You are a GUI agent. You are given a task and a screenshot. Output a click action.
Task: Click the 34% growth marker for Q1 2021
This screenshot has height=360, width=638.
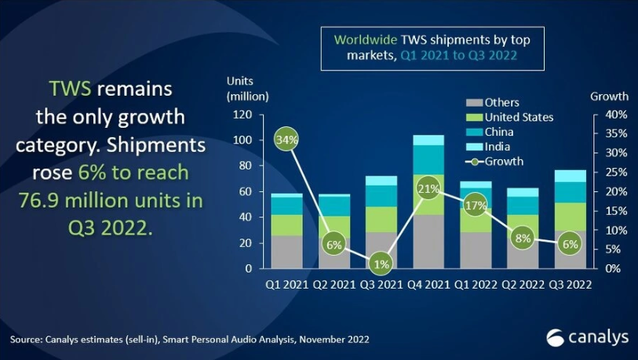point(286,140)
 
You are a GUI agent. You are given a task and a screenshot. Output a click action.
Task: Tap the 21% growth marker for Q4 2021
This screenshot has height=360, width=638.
point(428,188)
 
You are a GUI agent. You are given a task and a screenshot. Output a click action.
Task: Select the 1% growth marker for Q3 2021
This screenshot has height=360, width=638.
point(381,264)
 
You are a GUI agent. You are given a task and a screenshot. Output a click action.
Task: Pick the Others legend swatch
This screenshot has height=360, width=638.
point(474,103)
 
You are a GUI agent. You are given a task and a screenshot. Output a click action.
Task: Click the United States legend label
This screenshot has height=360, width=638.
point(519,117)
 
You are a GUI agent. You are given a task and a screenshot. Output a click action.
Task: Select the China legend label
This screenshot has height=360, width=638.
point(499,132)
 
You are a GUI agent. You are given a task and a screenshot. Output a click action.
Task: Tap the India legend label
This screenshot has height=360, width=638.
point(498,147)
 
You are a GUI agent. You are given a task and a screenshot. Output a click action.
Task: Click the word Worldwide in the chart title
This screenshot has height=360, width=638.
point(366,39)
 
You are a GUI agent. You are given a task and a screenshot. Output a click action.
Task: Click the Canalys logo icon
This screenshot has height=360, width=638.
point(556,337)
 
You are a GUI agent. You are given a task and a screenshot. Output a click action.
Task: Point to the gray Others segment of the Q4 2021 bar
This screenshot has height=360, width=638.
point(428,242)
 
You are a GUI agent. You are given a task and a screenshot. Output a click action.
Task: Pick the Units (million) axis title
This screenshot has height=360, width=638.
point(247,89)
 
